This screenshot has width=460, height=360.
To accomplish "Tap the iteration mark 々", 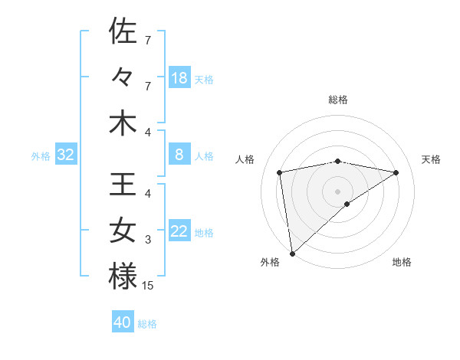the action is (x=123, y=78).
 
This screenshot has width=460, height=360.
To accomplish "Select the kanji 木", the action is (x=123, y=123).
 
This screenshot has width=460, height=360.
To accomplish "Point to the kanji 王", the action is (x=123, y=185).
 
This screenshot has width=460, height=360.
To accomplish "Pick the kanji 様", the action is (x=123, y=277).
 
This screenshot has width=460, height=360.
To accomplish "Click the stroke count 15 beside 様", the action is (x=149, y=286).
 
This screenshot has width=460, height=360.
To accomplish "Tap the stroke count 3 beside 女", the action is (x=147, y=240).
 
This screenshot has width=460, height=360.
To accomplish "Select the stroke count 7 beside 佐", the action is (x=147, y=39).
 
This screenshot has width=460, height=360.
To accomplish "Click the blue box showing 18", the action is (x=179, y=77).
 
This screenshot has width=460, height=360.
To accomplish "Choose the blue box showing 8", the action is (x=179, y=155).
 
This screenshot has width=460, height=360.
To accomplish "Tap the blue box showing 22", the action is (x=179, y=231).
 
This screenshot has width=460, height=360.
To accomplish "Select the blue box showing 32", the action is (x=66, y=155).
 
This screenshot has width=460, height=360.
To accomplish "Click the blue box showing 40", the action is (x=123, y=322).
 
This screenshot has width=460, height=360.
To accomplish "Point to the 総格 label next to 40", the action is (x=148, y=324).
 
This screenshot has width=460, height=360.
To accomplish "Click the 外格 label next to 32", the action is (x=41, y=156).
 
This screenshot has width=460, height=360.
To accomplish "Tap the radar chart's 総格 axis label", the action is (x=338, y=100).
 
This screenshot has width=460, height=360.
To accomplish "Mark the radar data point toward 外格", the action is (x=292, y=253).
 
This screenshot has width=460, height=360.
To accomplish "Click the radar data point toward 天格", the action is (x=396, y=172).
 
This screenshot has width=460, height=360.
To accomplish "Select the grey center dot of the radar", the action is (x=338, y=191).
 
